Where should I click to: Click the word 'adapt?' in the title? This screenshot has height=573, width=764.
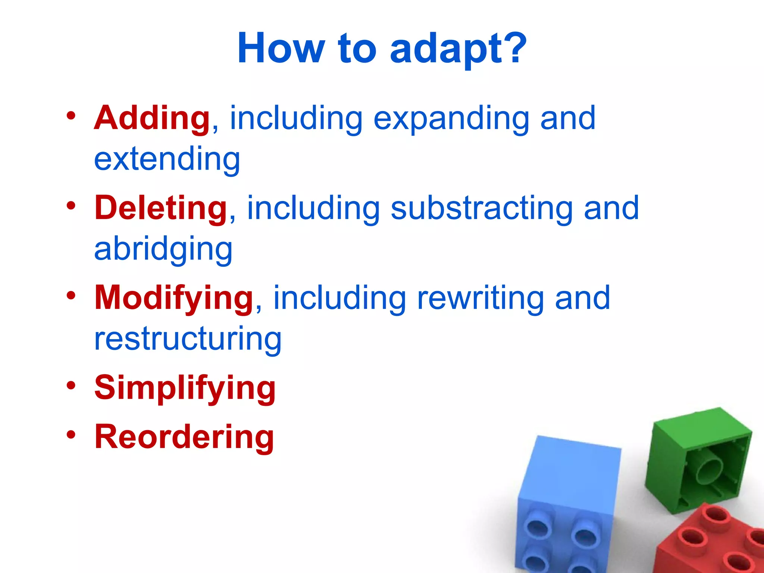pyautogui.click(x=458, y=48)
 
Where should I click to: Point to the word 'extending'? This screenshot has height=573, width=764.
pyautogui.click(x=167, y=160)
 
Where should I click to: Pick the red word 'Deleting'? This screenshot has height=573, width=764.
pyautogui.click(x=160, y=208)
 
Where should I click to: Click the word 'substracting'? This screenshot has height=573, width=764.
pyautogui.click(x=482, y=209)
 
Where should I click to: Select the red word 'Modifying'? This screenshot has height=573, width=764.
pyautogui.click(x=174, y=299)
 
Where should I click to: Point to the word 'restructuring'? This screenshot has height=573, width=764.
pyautogui.click(x=188, y=339)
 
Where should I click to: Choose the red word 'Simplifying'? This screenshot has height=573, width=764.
pyautogui.click(x=185, y=388)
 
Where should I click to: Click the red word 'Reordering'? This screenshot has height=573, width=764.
pyautogui.click(x=184, y=437)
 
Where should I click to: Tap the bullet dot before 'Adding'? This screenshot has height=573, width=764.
pyautogui.click(x=71, y=115)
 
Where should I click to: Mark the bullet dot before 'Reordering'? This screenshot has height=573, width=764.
pyautogui.click(x=71, y=434)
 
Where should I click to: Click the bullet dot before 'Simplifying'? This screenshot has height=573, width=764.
pyautogui.click(x=71, y=385)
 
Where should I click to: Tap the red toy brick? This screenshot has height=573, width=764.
pyautogui.click(x=713, y=541)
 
